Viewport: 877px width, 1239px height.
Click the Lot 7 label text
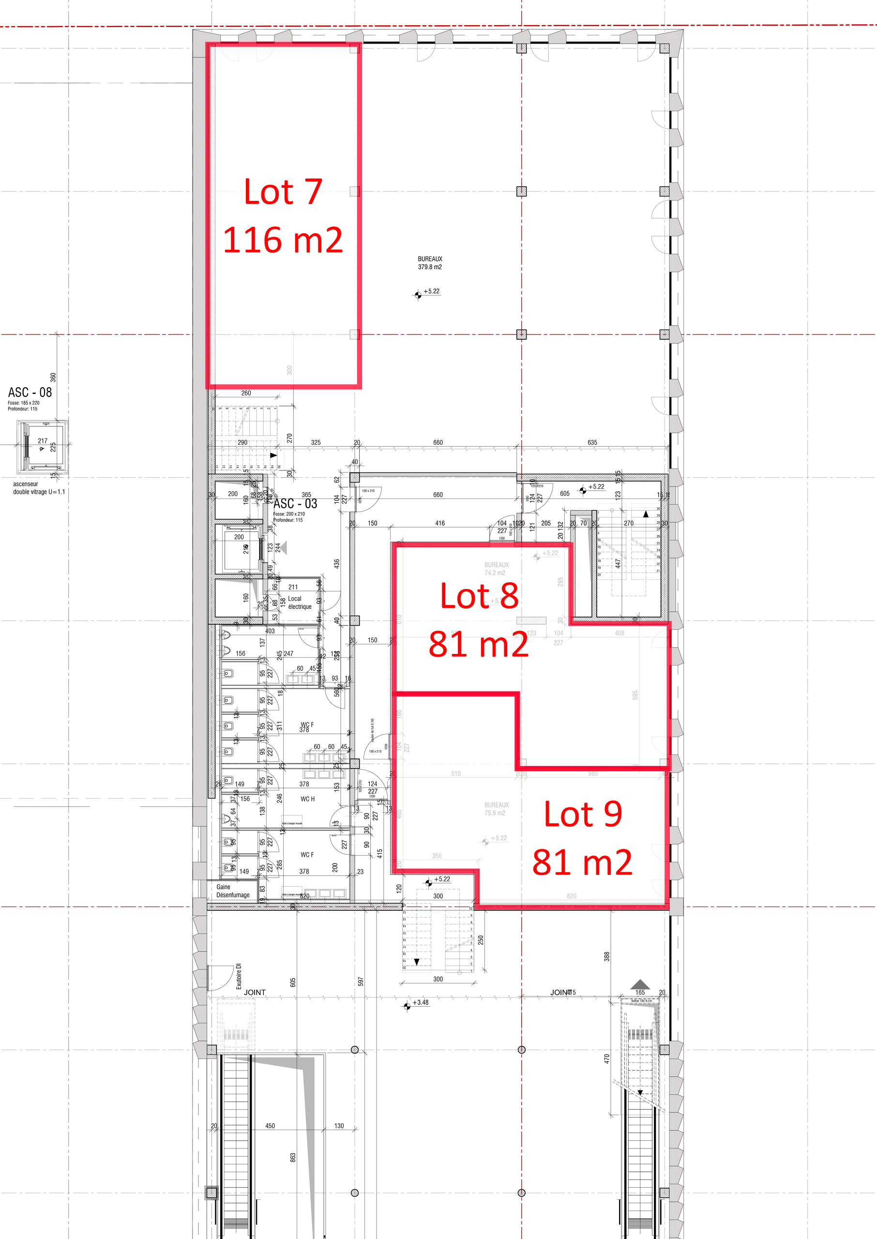[x=283, y=192]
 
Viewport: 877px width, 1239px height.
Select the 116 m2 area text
[x=283, y=240]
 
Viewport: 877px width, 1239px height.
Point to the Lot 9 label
[x=583, y=814]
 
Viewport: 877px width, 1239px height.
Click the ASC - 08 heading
[x=30, y=393]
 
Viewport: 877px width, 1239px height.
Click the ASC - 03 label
[x=295, y=504]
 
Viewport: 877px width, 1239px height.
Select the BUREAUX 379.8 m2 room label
[x=430, y=263]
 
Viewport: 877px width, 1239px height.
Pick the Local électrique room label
[x=300, y=603]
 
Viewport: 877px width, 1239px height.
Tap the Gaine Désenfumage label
[x=233, y=891]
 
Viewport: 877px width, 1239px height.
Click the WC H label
[x=307, y=799]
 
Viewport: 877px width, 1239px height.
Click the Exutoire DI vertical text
[x=239, y=976]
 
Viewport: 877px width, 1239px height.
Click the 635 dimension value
[x=592, y=443]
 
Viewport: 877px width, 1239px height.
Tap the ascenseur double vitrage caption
[x=39, y=488]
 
